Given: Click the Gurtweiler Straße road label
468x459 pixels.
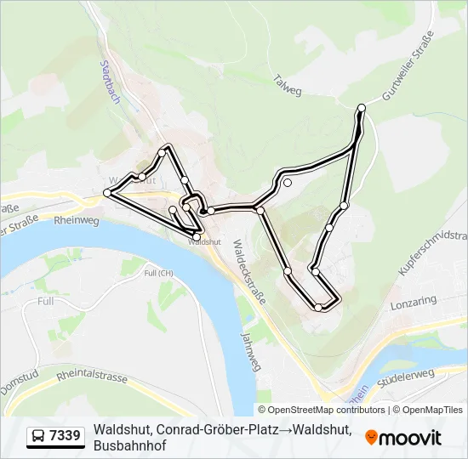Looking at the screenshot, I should coord(408,65).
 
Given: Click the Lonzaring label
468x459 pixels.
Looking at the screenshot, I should coord(413,301).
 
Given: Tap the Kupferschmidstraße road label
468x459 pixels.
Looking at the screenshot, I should coord(434,252).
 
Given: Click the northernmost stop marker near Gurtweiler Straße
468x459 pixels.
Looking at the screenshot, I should coord(362,107).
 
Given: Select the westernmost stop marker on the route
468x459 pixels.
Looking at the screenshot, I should coord(107,194).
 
